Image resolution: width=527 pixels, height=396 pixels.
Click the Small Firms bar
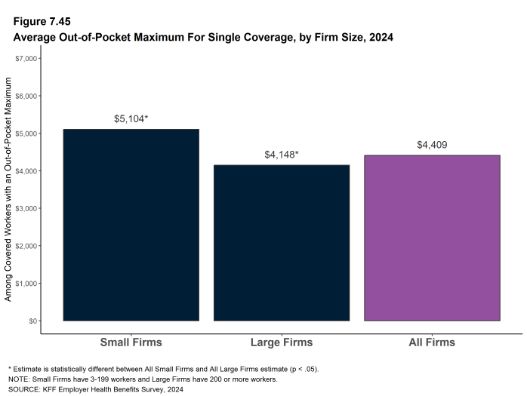[131, 225]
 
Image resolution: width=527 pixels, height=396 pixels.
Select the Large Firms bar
[282, 242]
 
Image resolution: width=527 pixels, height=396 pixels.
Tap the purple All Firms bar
[432, 238]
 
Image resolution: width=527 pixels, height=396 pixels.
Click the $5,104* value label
[131, 119]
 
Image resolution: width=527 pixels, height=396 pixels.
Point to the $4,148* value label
[282, 155]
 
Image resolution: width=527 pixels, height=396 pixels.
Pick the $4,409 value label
[432, 145]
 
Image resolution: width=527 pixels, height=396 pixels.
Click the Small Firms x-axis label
[131, 342]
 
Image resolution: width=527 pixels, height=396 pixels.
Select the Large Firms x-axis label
[282, 342]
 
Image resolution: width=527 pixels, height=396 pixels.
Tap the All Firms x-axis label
[432, 342]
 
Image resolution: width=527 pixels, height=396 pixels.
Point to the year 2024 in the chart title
[378, 36]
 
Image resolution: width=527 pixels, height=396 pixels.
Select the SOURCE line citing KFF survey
[95, 389]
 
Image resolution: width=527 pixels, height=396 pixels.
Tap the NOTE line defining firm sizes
[142, 379]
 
